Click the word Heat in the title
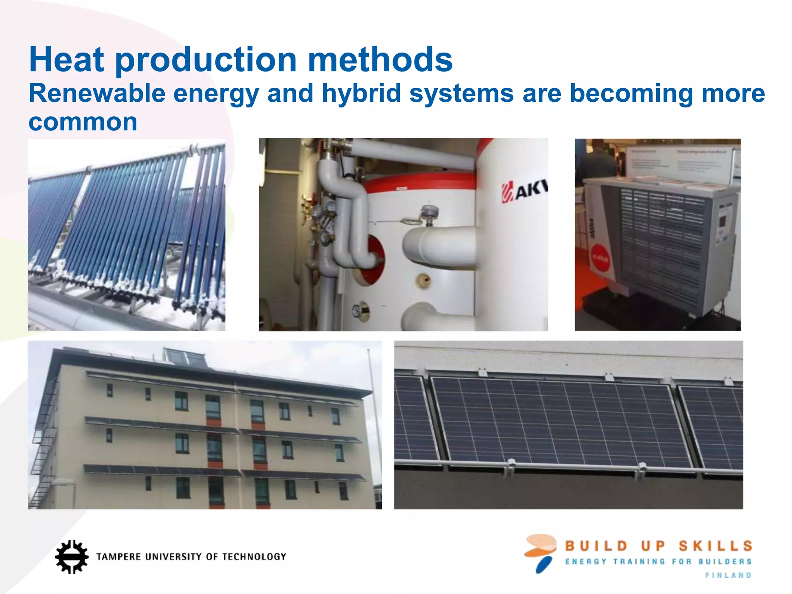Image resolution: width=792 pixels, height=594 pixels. tap(67, 60)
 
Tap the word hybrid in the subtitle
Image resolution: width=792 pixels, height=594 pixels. tap(362, 94)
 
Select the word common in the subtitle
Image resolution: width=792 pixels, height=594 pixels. tap(83, 123)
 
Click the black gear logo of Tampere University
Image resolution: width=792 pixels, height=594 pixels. tap(72, 557)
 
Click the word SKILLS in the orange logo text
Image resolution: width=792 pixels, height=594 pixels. tap(715, 546)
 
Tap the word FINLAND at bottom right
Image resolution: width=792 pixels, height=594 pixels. tap(728, 575)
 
